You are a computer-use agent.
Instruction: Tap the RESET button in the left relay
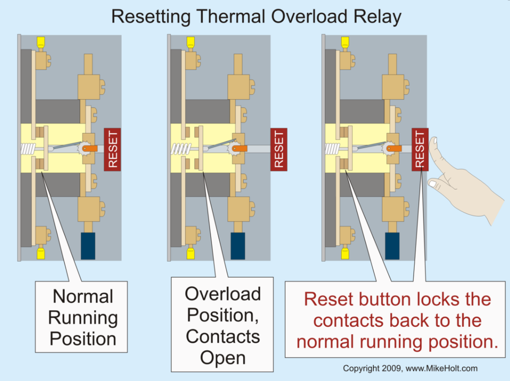112,149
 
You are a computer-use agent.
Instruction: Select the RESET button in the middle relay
278,149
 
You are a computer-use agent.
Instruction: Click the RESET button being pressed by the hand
420,149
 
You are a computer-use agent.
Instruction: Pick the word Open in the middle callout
223,358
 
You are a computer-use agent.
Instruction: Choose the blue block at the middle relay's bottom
238,245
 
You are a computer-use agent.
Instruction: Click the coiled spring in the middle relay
181,149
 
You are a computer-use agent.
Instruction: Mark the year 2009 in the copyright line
387,368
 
